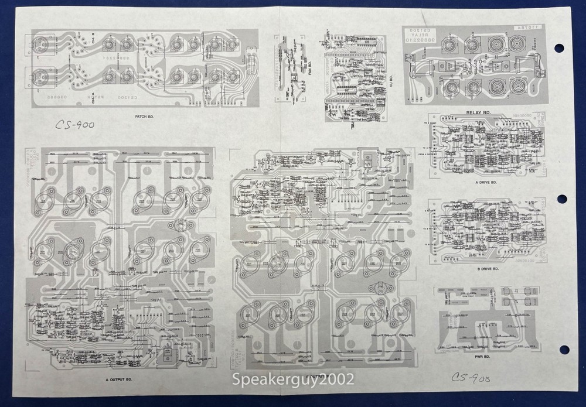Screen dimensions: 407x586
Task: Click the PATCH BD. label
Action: (x=146, y=116)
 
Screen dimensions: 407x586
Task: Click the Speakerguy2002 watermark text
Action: (x=293, y=379)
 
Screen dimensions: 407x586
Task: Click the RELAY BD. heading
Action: (x=478, y=112)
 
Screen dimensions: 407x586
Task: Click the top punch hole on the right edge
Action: (x=558, y=48)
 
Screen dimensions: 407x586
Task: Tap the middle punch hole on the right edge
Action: (x=561, y=199)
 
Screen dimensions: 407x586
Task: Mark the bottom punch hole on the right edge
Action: (x=564, y=350)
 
